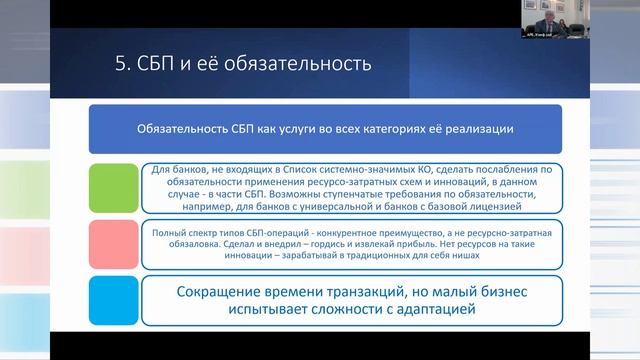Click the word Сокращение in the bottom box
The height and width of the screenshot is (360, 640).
(219, 291)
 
